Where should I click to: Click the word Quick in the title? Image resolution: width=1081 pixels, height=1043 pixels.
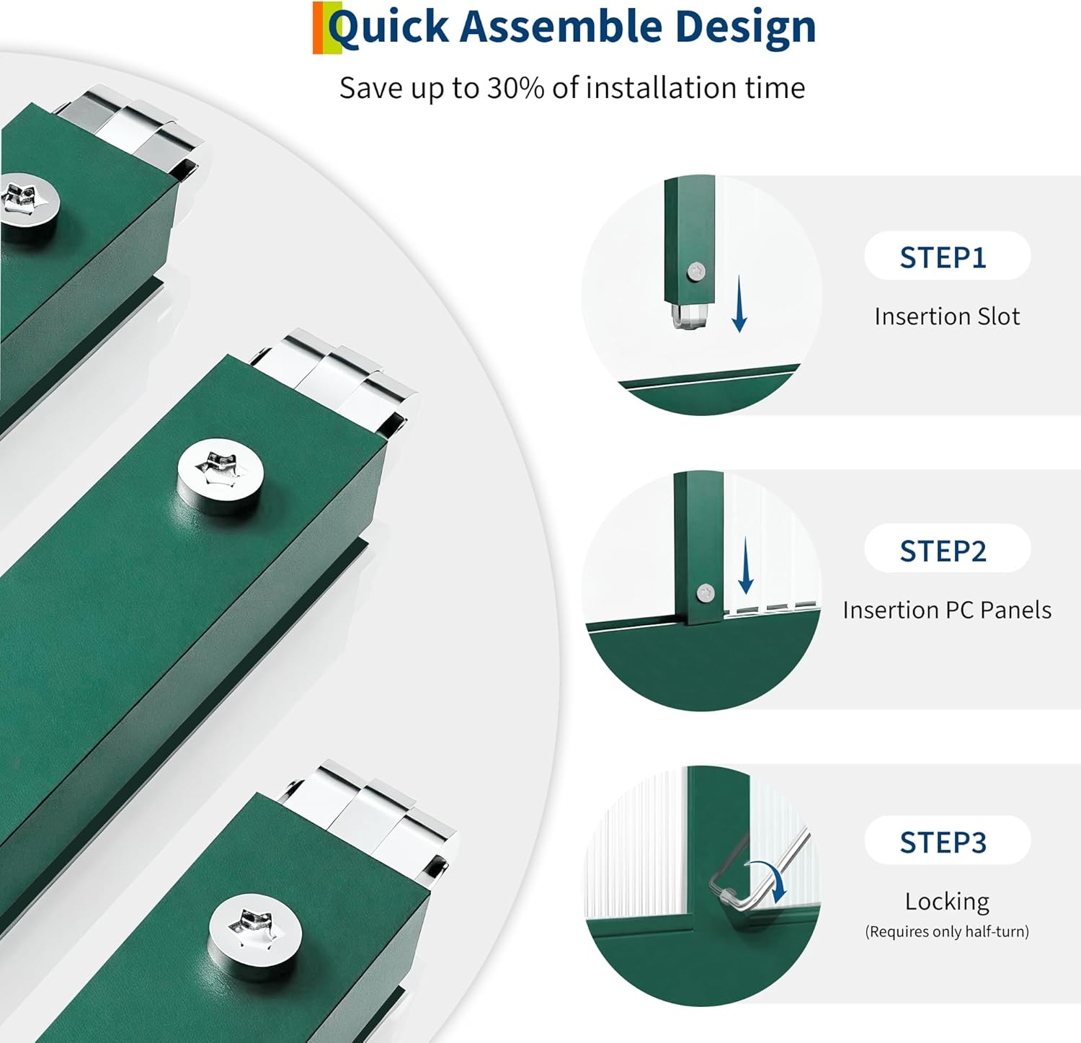[388, 27]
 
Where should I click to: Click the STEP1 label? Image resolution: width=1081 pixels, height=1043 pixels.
[943, 257]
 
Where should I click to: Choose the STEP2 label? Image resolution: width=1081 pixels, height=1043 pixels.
[943, 551]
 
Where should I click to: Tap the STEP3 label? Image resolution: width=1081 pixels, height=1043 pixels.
[943, 842]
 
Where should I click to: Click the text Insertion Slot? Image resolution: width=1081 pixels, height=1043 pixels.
[947, 316]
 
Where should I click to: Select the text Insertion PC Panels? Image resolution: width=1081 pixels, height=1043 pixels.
[947, 610]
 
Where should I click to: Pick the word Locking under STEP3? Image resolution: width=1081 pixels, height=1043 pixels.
[947, 902]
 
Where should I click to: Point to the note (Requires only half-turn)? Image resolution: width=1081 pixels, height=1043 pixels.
[947, 931]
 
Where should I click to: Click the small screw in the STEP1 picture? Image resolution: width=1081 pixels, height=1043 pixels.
[695, 272]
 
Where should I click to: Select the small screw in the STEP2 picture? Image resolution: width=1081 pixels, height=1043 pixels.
[706, 593]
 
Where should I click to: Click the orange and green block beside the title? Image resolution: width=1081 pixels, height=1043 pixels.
[327, 27]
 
